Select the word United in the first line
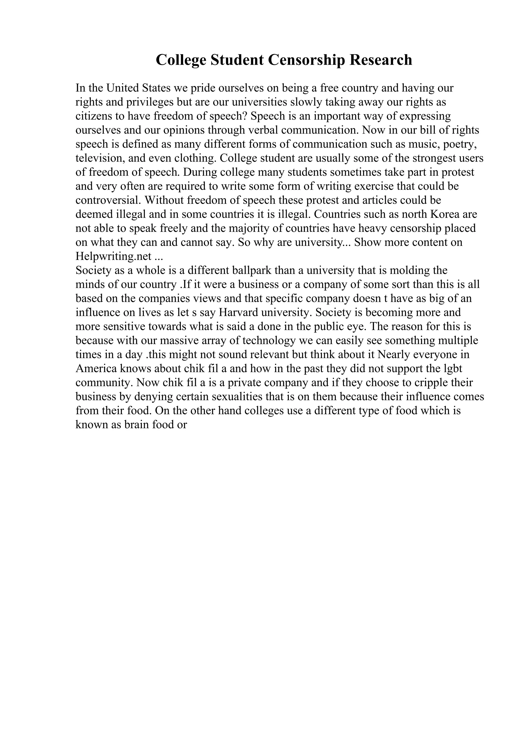coord(123,88)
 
